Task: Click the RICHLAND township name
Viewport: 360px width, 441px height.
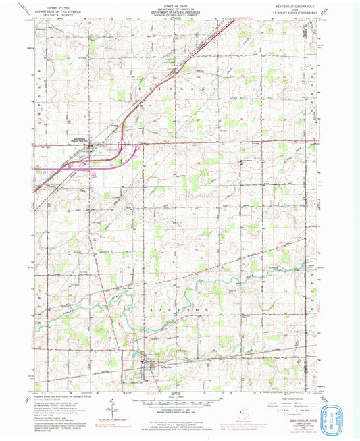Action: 179,88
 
